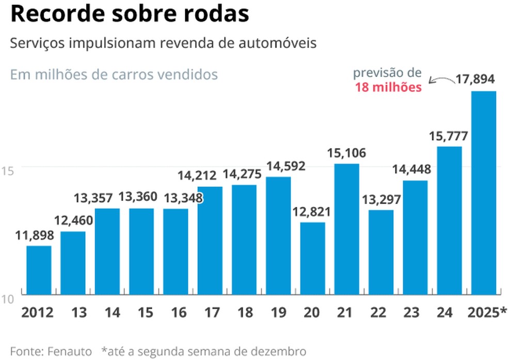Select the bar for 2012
pyautogui.click(x=39, y=270)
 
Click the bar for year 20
pyautogui.click(x=312, y=258)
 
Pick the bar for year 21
pyautogui.click(x=346, y=229)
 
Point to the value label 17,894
pyautogui.click(x=475, y=80)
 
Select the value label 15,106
pyautogui.click(x=346, y=153)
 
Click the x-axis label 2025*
pyautogui.click(x=486, y=312)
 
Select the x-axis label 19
pyautogui.click(x=278, y=312)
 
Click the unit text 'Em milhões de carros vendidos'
pyautogui.click(x=114, y=74)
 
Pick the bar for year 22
pyautogui.click(x=380, y=252)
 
